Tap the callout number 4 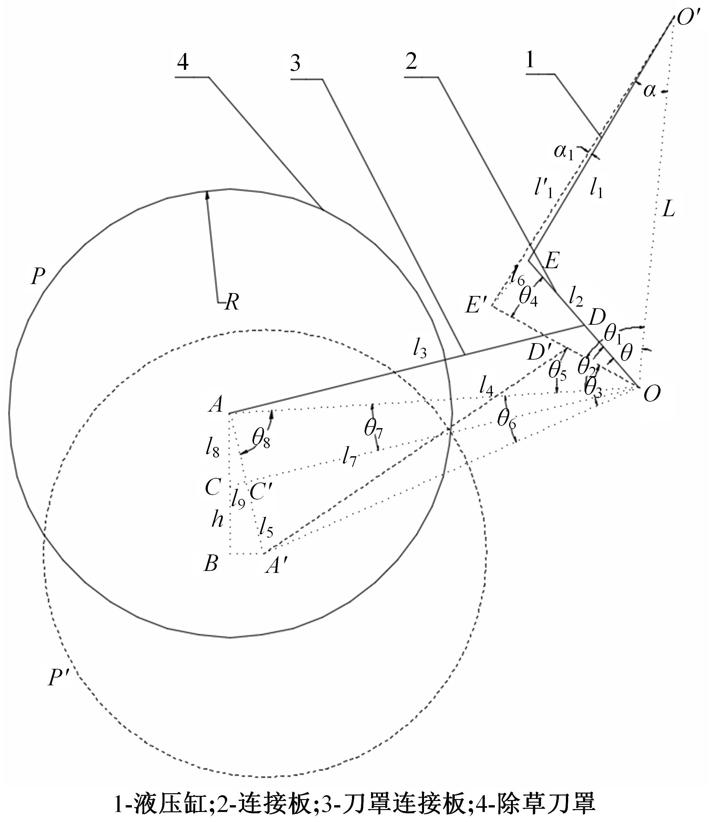pyautogui.click(x=183, y=62)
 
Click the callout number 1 pyautogui.click(x=530, y=61)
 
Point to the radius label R pyautogui.click(x=232, y=302)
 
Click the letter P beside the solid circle pyautogui.click(x=38, y=277)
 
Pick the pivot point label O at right pyautogui.click(x=652, y=394)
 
